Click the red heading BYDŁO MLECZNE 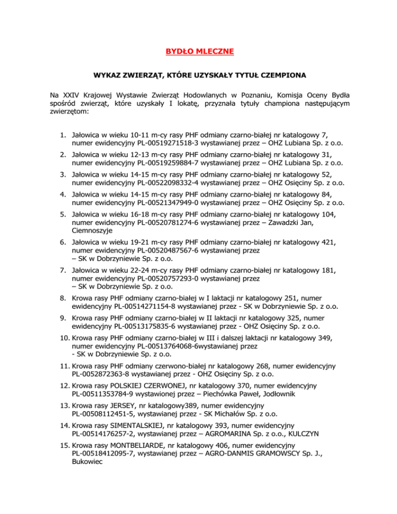[x=198, y=51]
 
